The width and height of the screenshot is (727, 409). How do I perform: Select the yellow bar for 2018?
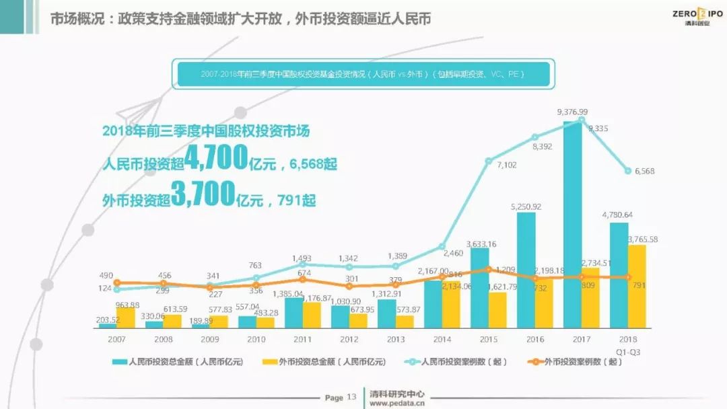point(637,287)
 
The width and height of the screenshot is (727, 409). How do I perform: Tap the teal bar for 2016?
point(526,270)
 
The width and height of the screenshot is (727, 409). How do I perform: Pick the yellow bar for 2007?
point(126,318)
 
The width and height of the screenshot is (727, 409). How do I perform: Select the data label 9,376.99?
point(572,112)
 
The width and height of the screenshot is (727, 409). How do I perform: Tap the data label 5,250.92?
point(526,206)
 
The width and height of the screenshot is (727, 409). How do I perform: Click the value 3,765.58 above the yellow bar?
point(642,239)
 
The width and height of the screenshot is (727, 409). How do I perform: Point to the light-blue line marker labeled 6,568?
point(628,170)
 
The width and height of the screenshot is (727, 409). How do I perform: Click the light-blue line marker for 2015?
point(489,160)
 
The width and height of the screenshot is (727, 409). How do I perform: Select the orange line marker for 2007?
point(117,283)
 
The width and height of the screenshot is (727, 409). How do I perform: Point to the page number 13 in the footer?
point(351,397)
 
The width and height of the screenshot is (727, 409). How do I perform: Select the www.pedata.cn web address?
point(397,404)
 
